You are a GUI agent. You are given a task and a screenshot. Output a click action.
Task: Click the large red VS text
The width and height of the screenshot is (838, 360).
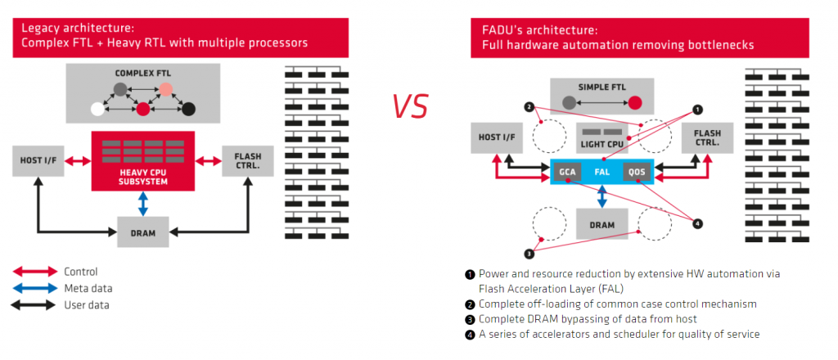[x=410, y=106]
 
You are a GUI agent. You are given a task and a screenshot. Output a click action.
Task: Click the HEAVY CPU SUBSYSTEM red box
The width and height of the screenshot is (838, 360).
[x=142, y=160]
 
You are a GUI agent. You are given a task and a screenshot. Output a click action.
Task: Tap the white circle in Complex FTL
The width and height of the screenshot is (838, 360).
[x=97, y=109]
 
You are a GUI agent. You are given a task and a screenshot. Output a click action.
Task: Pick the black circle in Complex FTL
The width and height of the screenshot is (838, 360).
[x=188, y=109]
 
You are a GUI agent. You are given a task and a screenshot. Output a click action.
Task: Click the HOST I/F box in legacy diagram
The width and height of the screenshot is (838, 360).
[x=38, y=160]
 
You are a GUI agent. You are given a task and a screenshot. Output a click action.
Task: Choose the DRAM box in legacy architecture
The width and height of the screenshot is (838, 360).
[x=142, y=232]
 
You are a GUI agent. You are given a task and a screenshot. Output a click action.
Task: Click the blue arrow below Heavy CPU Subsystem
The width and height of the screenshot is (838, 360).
[x=142, y=204]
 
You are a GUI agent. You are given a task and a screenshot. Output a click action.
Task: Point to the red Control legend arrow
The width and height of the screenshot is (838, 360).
[x=34, y=272]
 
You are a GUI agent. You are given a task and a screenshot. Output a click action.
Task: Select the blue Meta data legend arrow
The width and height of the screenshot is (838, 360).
[x=34, y=289]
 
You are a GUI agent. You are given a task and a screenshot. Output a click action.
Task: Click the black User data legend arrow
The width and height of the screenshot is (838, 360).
[x=34, y=305]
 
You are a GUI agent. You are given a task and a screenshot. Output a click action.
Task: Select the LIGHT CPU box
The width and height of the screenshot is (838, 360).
[x=601, y=137]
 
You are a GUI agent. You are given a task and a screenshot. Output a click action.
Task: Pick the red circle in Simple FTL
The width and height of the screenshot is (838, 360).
[x=635, y=102]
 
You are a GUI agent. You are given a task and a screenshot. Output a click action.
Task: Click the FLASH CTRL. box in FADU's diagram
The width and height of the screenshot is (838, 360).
[x=707, y=137]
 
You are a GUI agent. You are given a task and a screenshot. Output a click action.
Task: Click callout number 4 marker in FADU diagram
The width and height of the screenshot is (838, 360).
[x=696, y=224]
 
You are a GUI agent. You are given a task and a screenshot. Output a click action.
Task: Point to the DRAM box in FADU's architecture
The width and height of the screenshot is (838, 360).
[x=601, y=224]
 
